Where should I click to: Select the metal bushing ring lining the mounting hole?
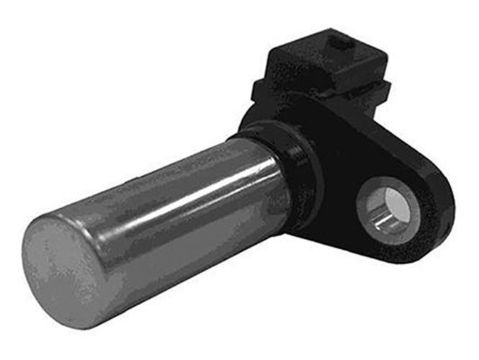click(375, 216)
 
